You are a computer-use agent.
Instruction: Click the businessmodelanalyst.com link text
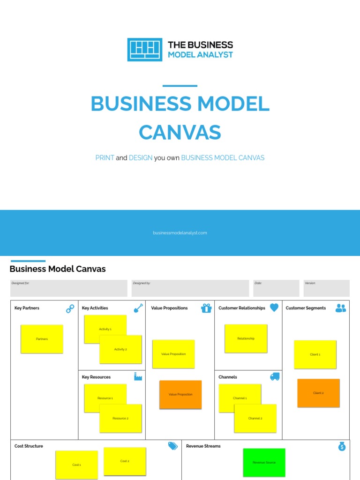coord(180,232)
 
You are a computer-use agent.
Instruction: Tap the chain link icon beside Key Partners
coord(70,308)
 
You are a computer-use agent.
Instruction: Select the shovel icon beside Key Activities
coord(138,308)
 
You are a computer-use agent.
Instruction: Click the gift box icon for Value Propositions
coord(206,308)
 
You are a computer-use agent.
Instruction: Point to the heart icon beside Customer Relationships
coord(274,307)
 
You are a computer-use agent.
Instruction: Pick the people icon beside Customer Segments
coord(341,308)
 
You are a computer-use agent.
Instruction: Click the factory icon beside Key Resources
coord(138,376)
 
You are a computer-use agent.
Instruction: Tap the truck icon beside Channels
coord(275,376)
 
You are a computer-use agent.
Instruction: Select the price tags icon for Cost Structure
coord(173,446)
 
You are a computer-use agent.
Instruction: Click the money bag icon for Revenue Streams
coord(342,447)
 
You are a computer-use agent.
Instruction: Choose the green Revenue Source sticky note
coord(264,462)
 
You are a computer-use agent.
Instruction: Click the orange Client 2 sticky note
coord(318,393)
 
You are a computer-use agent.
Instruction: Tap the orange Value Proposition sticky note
coord(180,395)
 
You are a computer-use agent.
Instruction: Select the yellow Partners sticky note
coord(42,339)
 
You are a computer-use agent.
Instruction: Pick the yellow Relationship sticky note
coord(246,338)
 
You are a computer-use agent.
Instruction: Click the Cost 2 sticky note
coord(125,461)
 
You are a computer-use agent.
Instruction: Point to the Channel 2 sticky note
coord(255,418)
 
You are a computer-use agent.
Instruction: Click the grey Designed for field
coord(69,288)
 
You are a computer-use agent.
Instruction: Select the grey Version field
coord(326,288)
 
